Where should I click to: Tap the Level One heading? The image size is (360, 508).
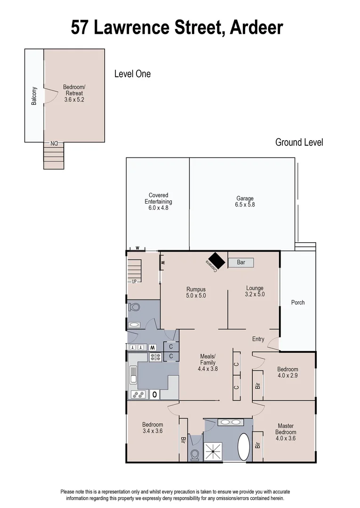coord(132,74)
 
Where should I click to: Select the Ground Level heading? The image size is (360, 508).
coord(299,142)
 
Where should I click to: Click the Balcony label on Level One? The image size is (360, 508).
coord(34,95)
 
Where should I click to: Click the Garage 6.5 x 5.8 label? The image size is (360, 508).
coord(245,202)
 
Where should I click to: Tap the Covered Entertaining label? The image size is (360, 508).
coord(158,201)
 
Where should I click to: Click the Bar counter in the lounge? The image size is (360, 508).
coord(241,262)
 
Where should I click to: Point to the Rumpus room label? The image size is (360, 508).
coord(196,293)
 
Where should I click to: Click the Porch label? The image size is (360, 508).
coord(297,302)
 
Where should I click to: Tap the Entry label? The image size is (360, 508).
coord(258,339)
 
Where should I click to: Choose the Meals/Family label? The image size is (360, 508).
coord(208,363)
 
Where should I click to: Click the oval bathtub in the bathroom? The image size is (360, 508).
coord(244,447)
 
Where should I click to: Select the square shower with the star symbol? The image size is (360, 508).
coord(213,452)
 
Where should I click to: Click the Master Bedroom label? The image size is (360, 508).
coord(286,432)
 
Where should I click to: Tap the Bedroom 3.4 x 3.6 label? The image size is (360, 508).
coord(152,428)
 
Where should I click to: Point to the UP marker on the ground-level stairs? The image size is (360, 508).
coord(134,281)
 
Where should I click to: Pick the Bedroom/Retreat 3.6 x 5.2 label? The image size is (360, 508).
coord(74,93)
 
